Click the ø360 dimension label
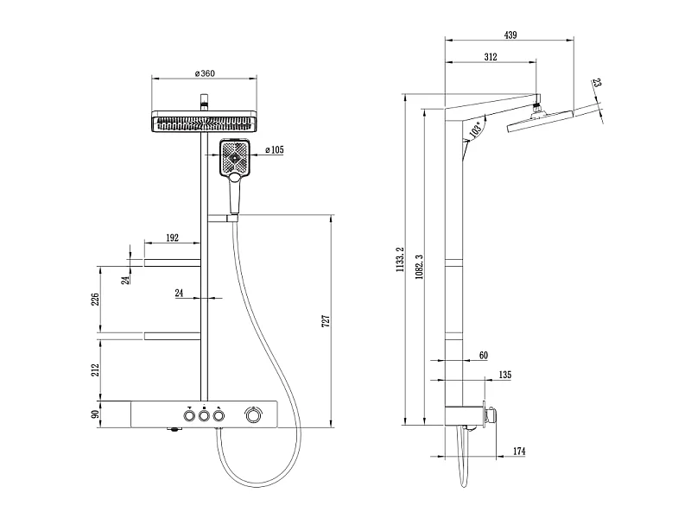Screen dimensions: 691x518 205,73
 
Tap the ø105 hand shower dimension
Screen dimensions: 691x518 275,149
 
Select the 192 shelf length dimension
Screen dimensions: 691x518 172,237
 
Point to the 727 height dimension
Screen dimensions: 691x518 326,320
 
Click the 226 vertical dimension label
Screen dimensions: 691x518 95,299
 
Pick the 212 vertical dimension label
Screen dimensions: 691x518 95,370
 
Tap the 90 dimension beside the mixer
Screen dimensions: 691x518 95,414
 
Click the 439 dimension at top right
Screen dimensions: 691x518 510,35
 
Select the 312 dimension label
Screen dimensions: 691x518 491,57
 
